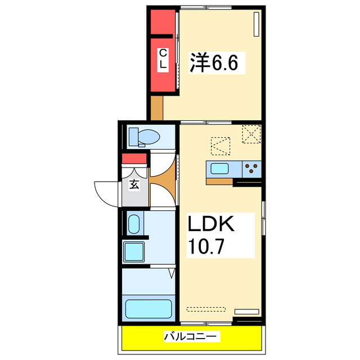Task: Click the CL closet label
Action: [163, 59]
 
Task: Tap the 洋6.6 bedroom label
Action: [214, 62]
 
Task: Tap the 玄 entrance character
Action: [135, 184]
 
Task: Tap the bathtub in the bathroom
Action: [148, 309]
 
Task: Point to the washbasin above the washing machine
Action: [134, 224]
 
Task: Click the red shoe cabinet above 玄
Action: [135, 159]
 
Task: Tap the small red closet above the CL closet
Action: [163, 21]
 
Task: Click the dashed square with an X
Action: [251, 134]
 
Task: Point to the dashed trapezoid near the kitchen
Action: [220, 145]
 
